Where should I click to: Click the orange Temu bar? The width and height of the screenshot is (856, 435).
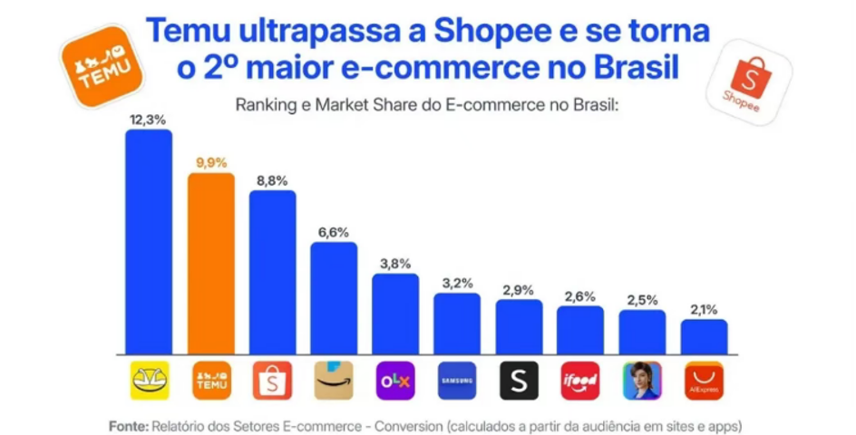(211, 263)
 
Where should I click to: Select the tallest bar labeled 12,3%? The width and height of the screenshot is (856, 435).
(150, 241)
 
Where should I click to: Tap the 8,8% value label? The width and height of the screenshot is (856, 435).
(272, 180)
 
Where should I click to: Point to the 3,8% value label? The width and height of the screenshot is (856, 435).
(395, 264)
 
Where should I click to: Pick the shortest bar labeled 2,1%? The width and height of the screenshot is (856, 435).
(704, 335)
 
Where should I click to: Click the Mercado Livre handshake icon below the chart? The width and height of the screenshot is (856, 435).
(150, 382)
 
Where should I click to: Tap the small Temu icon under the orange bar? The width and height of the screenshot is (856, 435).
(211, 382)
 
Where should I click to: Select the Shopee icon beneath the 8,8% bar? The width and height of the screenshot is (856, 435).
(273, 382)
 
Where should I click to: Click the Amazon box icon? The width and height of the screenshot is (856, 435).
(334, 382)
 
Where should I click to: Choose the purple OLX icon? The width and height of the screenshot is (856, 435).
(395, 382)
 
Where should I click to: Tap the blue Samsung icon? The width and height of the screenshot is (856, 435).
(457, 382)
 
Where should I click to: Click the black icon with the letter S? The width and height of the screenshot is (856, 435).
(519, 382)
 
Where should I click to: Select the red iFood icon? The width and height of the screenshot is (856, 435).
(580, 382)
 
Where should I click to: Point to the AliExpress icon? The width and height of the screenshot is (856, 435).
(704, 382)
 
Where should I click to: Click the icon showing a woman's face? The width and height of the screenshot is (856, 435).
(642, 382)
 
